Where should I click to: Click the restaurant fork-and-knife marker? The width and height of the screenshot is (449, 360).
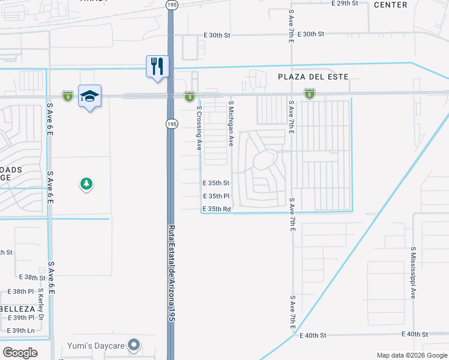pos(158,66)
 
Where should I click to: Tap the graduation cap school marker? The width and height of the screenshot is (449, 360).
pos(89,96)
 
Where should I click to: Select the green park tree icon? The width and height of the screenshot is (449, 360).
pos(87,184)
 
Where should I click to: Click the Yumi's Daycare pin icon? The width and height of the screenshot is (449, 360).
pos(134,344)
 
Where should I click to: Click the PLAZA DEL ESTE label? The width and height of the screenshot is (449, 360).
pos(313,77)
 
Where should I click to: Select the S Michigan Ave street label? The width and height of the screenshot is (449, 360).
pos(231,124)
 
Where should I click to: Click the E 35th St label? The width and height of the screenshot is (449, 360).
pos(216,182)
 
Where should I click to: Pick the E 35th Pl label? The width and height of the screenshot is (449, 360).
pos(216,196)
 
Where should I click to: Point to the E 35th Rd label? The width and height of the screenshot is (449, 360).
pos(217,209)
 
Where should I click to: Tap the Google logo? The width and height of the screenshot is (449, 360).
pos(20,352)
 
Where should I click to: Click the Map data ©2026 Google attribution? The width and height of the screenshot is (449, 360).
pos(411,355)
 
